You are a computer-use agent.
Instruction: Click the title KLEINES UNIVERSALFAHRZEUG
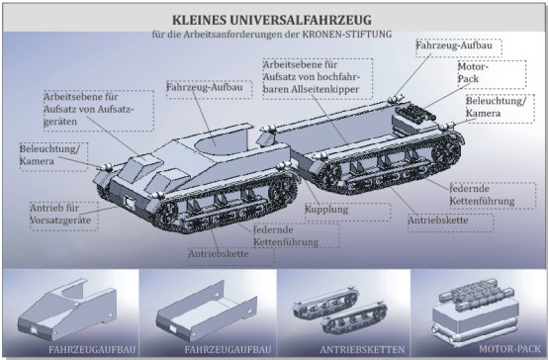272,20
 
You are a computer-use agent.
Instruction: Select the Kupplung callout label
326,210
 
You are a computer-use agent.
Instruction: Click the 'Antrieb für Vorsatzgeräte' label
60,214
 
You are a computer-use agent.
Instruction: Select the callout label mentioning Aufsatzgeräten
89,109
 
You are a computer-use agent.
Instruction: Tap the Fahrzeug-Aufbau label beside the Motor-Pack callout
454,45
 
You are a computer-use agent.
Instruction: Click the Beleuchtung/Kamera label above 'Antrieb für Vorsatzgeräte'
49,155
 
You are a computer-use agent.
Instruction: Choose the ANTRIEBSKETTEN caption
362,349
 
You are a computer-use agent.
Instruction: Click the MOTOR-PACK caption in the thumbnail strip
509,349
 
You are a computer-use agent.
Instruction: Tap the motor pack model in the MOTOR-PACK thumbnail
476,313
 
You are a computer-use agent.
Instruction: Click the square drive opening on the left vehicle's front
130,202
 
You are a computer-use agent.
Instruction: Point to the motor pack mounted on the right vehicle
415,114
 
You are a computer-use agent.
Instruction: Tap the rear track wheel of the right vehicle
447,153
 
